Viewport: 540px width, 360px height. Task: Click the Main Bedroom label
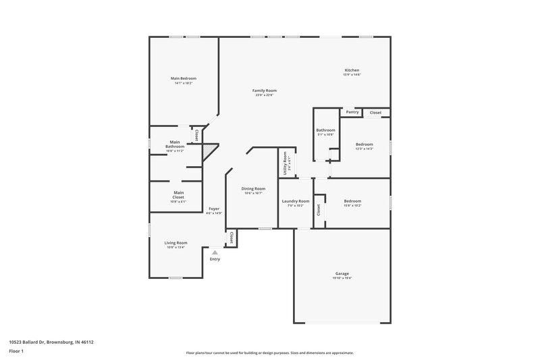click(183, 78)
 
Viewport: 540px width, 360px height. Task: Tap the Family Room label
click(265, 91)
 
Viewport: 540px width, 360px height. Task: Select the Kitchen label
click(352, 70)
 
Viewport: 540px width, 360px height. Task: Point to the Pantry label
click(352, 112)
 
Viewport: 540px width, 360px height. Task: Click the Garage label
click(342, 274)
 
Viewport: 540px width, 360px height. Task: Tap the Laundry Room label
click(296, 201)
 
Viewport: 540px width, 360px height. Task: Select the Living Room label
click(176, 242)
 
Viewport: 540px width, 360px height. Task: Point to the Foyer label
click(214, 209)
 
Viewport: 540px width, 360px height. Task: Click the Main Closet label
click(178, 195)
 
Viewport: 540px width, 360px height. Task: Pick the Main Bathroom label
click(175, 144)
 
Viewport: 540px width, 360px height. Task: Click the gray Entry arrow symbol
click(215, 252)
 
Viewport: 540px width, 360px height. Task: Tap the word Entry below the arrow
click(215, 259)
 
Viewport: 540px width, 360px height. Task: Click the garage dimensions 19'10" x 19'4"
click(342, 278)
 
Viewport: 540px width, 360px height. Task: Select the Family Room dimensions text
click(265, 95)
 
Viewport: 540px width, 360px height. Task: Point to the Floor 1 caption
click(17, 351)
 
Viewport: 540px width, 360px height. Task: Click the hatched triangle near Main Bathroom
click(212, 148)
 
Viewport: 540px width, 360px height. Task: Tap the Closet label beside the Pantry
click(376, 112)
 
